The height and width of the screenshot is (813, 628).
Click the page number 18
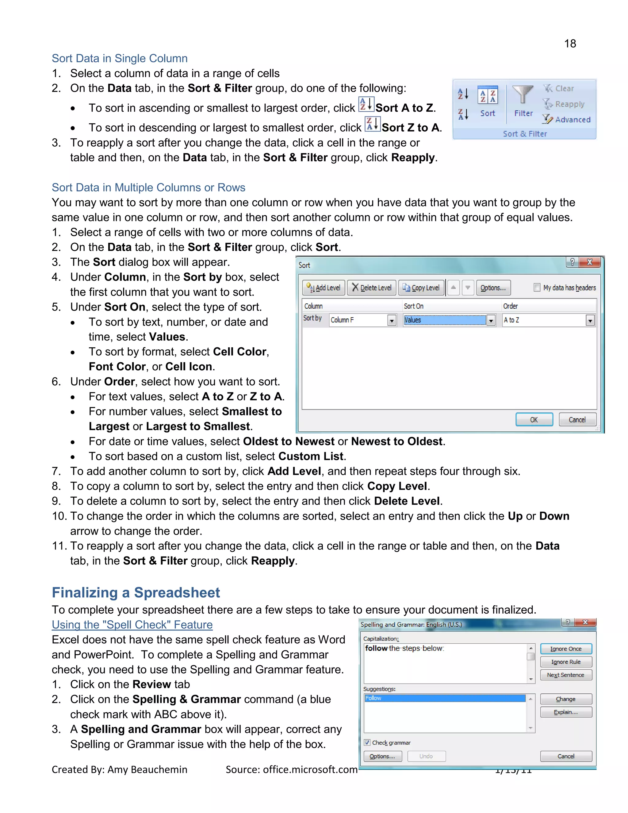coord(570,44)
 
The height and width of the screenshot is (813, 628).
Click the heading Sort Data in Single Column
coord(119,58)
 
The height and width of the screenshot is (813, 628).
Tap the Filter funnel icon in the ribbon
coord(523,94)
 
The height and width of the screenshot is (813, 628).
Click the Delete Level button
coord(371,288)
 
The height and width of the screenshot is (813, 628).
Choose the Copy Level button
coord(422,288)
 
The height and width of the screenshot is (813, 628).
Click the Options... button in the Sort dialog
coord(493,288)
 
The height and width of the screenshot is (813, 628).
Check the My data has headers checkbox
coord(537,287)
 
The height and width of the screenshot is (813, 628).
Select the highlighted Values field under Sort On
coord(445,320)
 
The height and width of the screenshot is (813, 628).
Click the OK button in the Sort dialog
coord(534,419)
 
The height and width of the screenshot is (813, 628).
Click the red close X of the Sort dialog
coord(589,262)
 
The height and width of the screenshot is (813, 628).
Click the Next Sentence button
coord(565,675)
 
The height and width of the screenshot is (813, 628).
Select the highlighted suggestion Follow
coord(445,698)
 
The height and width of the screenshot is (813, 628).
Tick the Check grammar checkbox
coord(367,743)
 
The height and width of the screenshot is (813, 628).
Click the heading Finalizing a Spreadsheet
coord(136,593)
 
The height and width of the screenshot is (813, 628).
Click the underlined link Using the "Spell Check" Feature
coord(132,625)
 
